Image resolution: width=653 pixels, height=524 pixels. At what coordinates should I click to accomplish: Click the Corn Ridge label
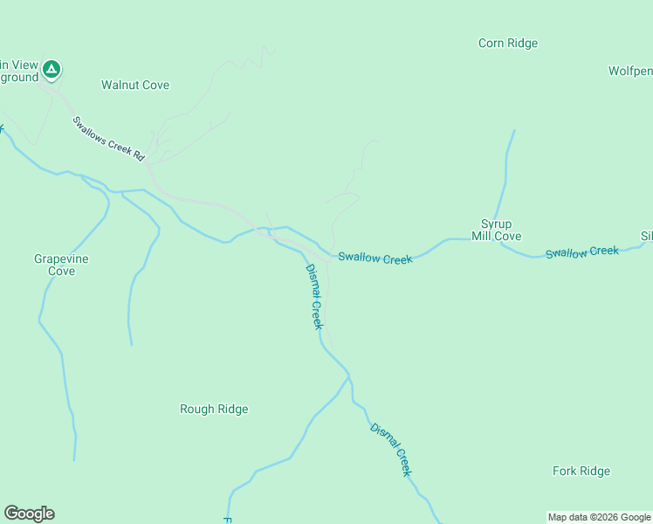[508, 43]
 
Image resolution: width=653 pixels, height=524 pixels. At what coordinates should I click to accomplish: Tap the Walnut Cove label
[135, 85]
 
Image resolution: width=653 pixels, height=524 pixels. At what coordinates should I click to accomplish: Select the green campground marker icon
[52, 68]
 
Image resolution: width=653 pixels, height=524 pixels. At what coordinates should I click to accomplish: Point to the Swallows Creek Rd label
[108, 138]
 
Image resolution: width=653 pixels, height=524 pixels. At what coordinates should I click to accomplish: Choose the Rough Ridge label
[214, 409]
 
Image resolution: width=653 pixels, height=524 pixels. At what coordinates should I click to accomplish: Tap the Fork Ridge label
[581, 471]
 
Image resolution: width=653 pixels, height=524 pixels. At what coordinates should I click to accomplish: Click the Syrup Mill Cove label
[496, 230]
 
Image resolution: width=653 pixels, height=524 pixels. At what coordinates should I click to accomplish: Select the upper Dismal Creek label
[314, 296]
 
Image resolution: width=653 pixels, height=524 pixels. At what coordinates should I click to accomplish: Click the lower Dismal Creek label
[390, 449]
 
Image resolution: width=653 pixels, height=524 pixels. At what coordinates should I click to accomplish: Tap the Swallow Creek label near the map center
[375, 259]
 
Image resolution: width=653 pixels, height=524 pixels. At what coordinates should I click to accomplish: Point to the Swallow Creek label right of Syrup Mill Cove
[582, 252]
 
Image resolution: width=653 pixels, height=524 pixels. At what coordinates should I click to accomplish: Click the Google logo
[29, 514]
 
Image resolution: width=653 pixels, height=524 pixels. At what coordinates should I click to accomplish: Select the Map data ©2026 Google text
[599, 517]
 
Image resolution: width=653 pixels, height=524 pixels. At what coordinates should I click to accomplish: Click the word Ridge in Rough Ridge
[231, 409]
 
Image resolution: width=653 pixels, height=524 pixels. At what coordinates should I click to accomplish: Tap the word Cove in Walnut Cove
[155, 85]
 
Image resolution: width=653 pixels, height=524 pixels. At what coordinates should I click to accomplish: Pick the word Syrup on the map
[496, 224]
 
